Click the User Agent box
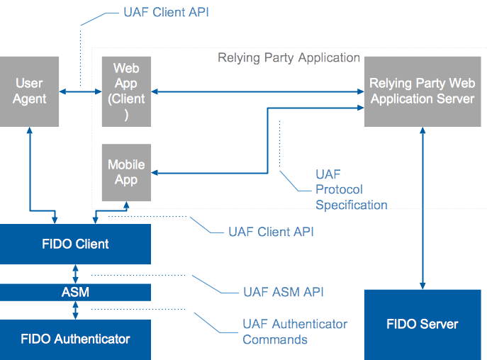click(30, 91)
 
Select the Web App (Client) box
click(126, 91)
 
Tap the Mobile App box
click(126, 172)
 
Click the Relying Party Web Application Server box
click(422, 91)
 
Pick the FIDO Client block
click(75, 244)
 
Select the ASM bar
click(75, 292)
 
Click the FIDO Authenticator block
click(75, 339)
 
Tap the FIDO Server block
click(422, 325)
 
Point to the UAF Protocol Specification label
click(350, 189)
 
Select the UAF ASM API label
click(283, 291)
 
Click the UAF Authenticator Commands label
click(294, 331)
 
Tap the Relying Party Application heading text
click(289, 57)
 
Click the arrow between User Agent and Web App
click(80, 91)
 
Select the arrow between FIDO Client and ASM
click(75, 274)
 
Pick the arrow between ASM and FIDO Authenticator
click(75, 310)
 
